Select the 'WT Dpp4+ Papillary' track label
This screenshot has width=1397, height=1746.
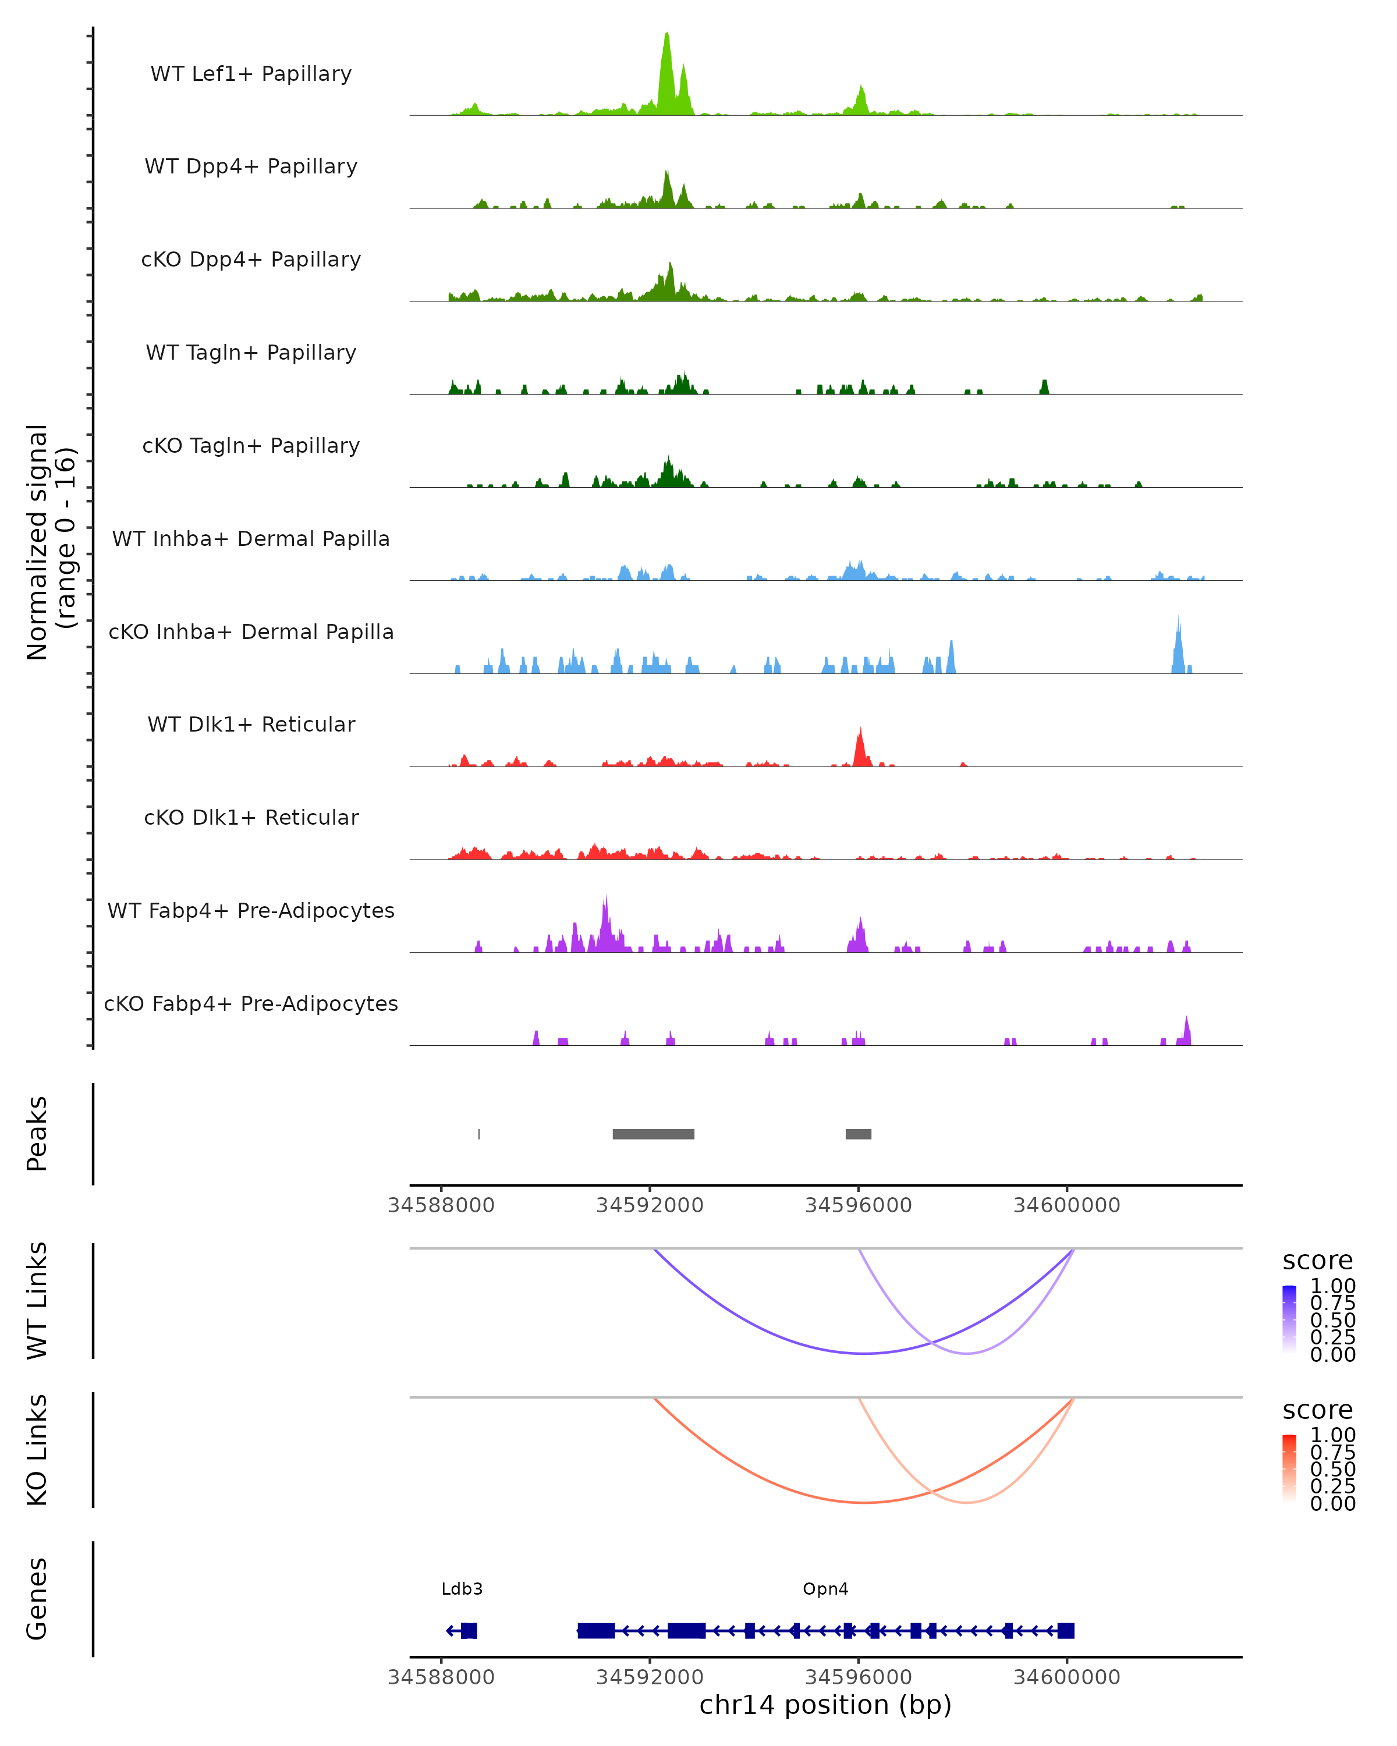(251, 167)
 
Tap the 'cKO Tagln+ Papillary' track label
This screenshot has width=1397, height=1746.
(251, 446)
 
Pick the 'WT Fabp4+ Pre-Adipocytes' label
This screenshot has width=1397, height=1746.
(251, 911)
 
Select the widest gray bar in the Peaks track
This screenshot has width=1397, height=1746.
(654, 1134)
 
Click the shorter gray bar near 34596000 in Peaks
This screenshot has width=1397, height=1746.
(859, 1134)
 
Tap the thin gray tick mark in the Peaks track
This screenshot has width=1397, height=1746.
(480, 1134)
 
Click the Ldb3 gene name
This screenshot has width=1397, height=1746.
(462, 1589)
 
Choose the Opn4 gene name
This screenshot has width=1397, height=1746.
(825, 1589)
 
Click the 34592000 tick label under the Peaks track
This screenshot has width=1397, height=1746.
(650, 1205)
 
